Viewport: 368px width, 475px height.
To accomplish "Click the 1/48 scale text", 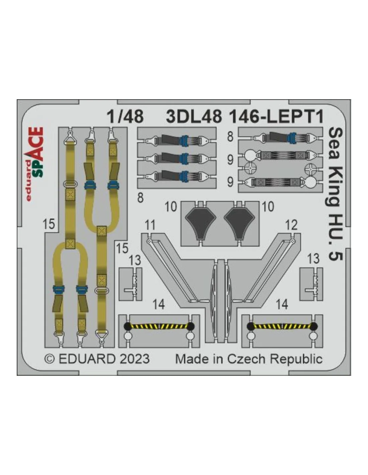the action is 125,117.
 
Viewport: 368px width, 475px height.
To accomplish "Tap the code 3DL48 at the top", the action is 194,117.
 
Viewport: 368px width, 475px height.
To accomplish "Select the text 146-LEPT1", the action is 276,117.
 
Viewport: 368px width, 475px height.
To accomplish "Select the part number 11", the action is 150,225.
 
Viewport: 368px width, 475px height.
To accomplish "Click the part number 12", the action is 292,225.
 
